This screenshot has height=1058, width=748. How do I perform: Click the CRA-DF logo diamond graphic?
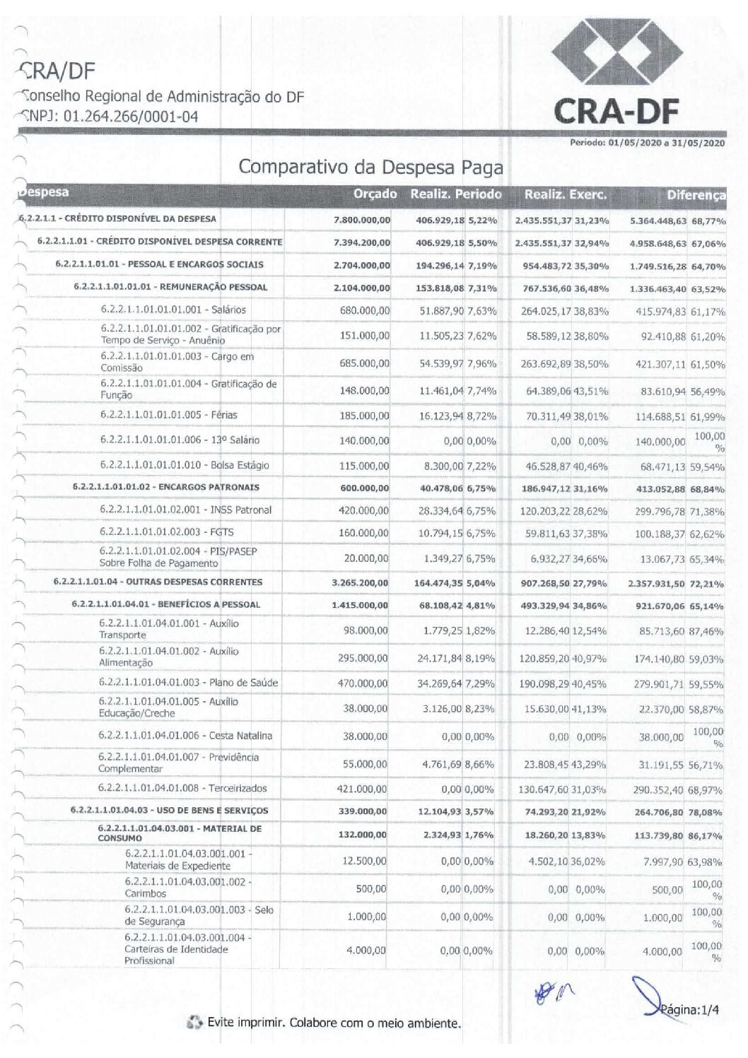616,57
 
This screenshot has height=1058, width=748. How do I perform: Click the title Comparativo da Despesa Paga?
370,167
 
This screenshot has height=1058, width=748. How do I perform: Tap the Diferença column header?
696,195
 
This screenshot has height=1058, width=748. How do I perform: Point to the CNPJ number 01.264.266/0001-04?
130,117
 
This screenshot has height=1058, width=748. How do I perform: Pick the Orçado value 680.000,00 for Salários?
365,310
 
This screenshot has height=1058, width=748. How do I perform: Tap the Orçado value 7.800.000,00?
362,220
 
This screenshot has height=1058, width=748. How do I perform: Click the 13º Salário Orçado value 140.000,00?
364,441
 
